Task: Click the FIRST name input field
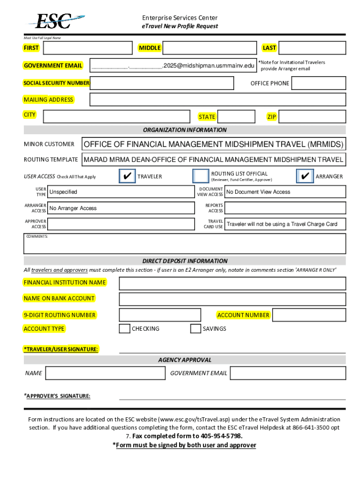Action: (x=87, y=48)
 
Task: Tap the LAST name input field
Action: (x=312, y=48)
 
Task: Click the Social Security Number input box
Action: (x=162, y=83)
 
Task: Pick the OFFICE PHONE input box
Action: (x=318, y=83)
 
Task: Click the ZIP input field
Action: (x=312, y=116)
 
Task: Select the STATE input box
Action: (x=236, y=116)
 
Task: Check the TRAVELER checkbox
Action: (x=127, y=176)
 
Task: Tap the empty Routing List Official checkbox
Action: (x=201, y=176)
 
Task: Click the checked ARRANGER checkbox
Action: (x=305, y=176)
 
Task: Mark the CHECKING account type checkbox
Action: (x=124, y=329)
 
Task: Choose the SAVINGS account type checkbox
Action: (x=195, y=329)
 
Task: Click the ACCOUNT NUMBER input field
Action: (x=309, y=315)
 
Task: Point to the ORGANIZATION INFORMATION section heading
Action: (x=185, y=130)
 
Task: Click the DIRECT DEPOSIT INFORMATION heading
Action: (x=185, y=261)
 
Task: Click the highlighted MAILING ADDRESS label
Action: (x=49, y=100)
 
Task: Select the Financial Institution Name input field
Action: (x=232, y=283)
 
